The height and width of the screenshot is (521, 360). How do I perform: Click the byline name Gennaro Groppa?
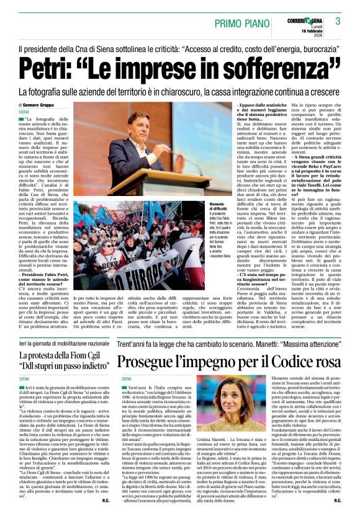click(x=42, y=105)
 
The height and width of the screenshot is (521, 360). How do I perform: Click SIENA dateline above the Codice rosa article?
click(x=127, y=378)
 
